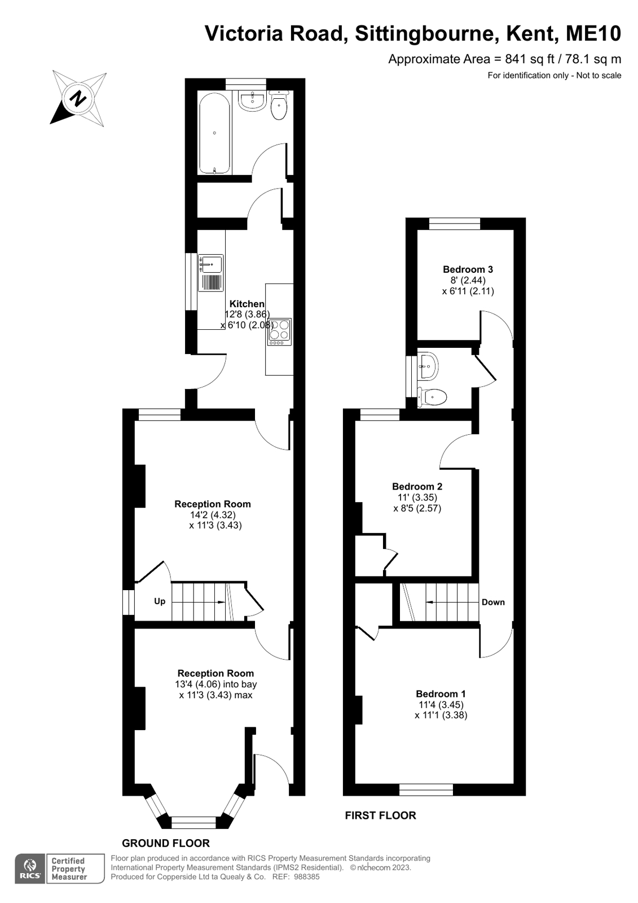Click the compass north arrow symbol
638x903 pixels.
[79, 98]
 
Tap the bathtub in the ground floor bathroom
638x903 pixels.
[215, 133]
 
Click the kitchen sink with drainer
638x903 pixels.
[210, 273]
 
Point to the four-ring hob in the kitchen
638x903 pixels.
[279, 331]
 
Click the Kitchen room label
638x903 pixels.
[247, 304]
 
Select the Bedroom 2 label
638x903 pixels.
[417, 487]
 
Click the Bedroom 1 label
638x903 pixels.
[441, 694]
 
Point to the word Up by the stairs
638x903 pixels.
[160, 601]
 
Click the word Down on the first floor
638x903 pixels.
[493, 602]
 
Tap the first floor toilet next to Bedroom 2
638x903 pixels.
[432, 397]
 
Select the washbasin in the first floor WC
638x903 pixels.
[428, 366]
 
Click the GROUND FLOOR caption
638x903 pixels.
[166, 843]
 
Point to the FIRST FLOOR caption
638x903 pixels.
[380, 815]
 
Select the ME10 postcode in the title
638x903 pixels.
[593, 33]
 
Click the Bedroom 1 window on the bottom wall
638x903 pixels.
[426, 789]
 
